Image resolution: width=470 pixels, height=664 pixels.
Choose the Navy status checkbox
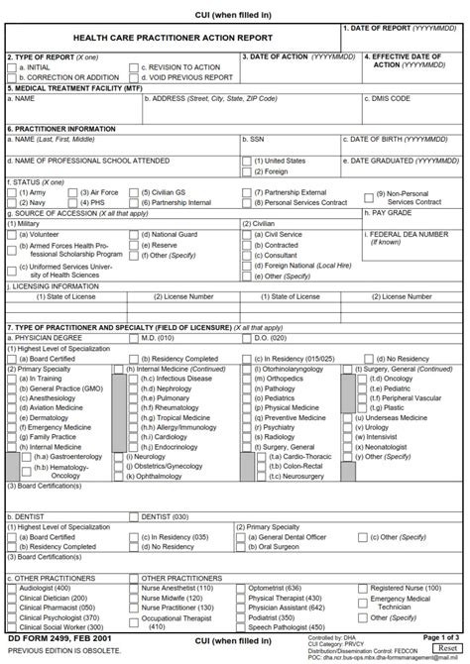[x=13, y=202]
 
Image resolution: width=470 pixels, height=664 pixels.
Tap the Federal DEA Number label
[x=408, y=234]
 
